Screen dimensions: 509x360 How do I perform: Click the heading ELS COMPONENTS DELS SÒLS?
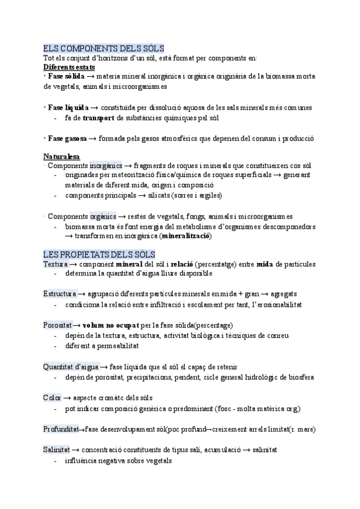click(104, 49)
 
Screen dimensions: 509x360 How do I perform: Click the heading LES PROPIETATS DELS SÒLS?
click(99, 254)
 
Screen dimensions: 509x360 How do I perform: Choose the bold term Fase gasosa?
click(67, 139)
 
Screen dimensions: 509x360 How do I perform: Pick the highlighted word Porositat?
click(58, 325)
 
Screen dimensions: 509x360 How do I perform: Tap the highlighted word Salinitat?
click(57, 450)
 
